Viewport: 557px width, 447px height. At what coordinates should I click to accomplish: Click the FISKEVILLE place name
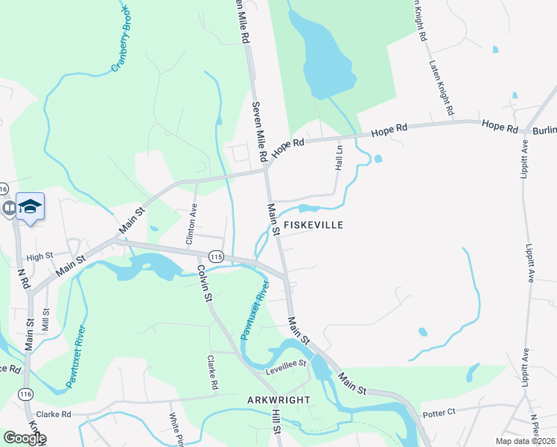(313, 224)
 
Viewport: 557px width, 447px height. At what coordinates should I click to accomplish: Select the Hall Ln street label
(339, 157)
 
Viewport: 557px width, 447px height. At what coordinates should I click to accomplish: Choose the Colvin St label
(203, 283)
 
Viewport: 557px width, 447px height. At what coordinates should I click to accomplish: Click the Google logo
(24, 438)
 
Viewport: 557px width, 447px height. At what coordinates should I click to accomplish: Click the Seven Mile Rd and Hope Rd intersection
(266, 169)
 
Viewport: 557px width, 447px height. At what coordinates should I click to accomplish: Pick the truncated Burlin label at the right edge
(544, 130)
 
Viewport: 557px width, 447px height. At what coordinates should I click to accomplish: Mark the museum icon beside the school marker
(8, 208)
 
